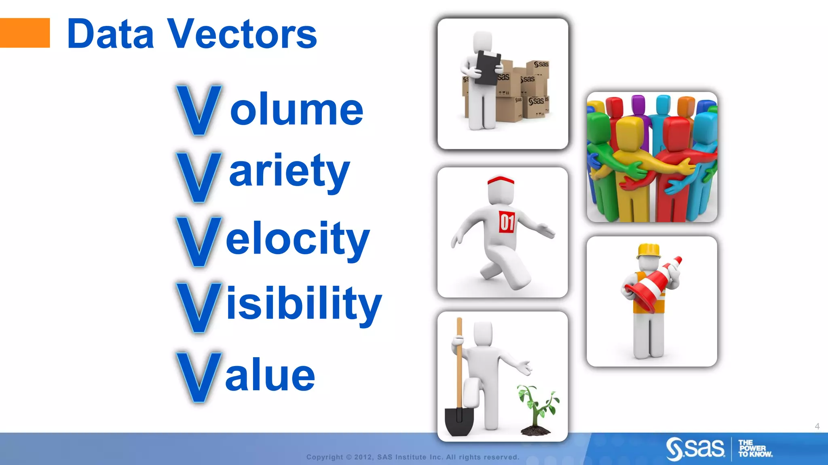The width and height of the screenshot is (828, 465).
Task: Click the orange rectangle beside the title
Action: pos(24,33)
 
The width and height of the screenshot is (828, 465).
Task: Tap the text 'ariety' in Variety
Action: pos(289,172)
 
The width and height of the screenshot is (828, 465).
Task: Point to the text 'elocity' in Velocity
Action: pos(298,239)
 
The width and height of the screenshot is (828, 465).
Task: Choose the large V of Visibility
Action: pos(199,307)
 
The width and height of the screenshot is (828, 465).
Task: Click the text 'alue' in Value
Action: pos(270,375)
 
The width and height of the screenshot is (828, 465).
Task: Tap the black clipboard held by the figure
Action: pos(488,67)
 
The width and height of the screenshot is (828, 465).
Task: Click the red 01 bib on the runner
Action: pos(507,222)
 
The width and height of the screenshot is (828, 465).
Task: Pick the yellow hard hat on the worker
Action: pos(648,250)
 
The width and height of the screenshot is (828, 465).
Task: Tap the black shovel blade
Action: pos(459,422)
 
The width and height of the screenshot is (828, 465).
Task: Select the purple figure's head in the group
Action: pos(638,105)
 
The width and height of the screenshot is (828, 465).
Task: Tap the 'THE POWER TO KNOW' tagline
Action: pos(754,448)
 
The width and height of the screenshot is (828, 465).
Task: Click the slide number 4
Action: pos(817,426)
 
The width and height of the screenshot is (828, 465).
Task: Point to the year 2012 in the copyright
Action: pos(363,457)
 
